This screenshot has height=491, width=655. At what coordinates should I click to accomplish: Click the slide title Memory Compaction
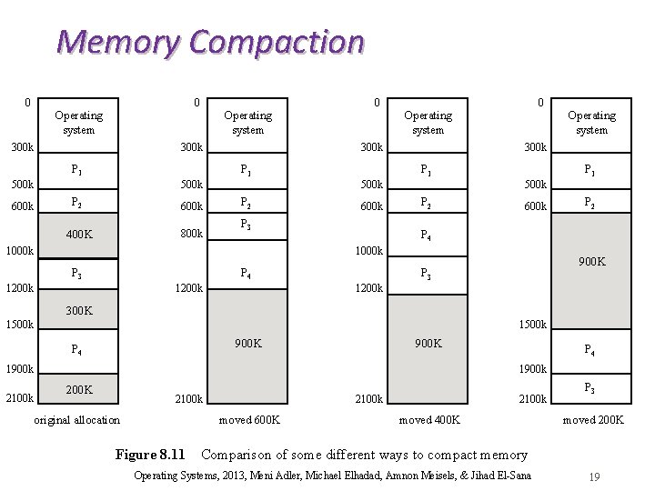[210, 42]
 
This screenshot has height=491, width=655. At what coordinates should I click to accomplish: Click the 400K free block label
[79, 235]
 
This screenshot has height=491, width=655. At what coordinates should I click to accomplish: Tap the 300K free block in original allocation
[79, 310]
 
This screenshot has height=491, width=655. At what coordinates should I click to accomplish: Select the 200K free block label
[79, 389]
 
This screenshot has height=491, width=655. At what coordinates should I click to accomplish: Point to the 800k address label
[191, 234]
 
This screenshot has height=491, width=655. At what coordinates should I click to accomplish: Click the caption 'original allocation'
[76, 420]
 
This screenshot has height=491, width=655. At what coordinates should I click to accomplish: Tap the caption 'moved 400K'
[429, 420]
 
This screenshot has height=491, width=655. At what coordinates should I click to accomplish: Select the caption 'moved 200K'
[593, 420]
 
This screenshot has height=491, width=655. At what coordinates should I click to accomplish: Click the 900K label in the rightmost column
[591, 262]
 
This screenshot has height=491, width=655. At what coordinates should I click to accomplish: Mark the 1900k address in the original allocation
[20, 369]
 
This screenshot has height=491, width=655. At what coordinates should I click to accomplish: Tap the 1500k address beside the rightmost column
[532, 325]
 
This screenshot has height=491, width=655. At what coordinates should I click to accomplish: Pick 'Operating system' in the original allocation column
[79, 123]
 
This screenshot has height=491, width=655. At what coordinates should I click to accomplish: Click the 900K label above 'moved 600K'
[247, 344]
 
